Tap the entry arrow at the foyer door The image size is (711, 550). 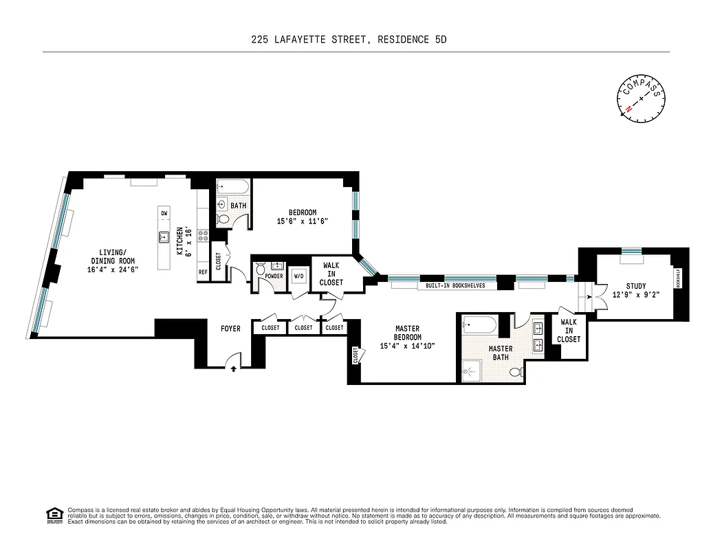tap(234, 369)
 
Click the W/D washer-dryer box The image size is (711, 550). tap(298, 276)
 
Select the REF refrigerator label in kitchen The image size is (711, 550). tap(203, 272)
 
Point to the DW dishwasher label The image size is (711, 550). tap(164, 214)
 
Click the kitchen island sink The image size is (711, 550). tap(164, 238)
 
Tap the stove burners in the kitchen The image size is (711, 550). tap(204, 235)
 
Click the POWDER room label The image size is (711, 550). tap(274, 276)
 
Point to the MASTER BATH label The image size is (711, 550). tap(500, 353)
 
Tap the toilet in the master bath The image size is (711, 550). tap(514, 372)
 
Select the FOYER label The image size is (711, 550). tap(230, 329)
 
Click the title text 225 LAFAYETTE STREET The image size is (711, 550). tap(310, 40)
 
